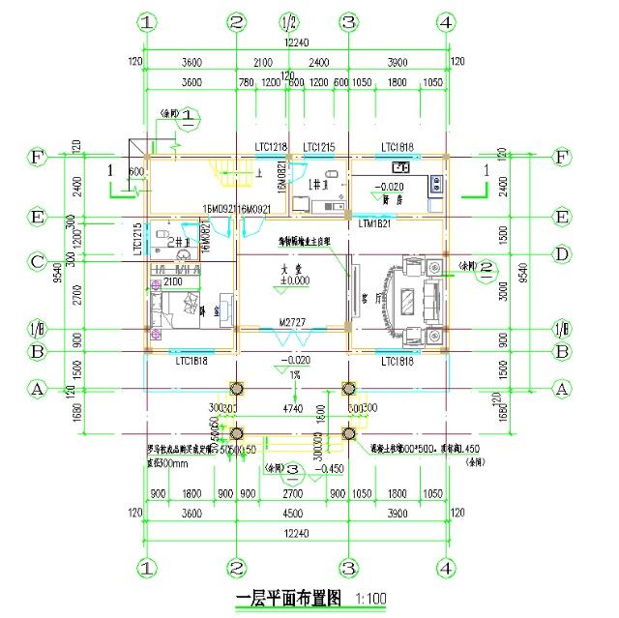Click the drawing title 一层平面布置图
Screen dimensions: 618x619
(288, 599)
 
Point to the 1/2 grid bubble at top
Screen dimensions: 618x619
(288, 21)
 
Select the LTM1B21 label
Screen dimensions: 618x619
(372, 223)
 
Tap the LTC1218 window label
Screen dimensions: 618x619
(272, 147)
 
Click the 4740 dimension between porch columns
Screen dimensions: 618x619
(293, 409)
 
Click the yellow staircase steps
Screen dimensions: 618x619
(230, 180)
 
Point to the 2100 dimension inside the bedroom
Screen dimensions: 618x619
(173, 281)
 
